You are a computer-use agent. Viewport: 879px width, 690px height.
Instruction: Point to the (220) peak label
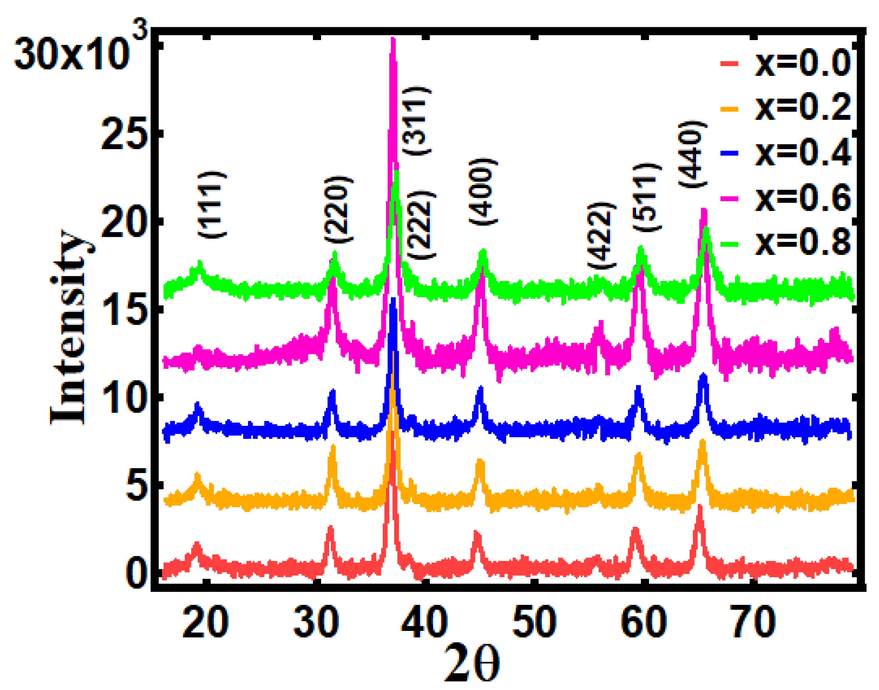338,209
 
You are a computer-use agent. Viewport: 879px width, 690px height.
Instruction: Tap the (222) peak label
421,225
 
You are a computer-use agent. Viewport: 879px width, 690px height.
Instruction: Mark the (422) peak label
601,235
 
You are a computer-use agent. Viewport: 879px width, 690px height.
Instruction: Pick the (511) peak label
646,197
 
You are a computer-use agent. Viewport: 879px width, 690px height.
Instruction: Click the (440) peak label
692,154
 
